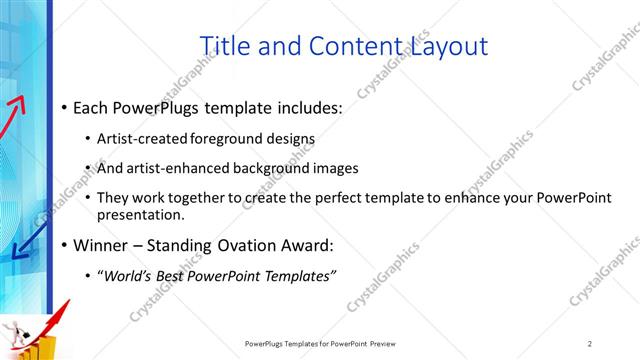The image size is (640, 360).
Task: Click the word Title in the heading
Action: click(x=224, y=46)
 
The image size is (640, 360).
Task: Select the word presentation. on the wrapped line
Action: click(x=141, y=214)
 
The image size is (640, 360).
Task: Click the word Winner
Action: click(x=99, y=245)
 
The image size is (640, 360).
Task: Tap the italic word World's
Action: click(x=125, y=276)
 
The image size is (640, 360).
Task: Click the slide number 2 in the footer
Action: click(x=590, y=343)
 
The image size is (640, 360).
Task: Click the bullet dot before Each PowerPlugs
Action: click(x=65, y=107)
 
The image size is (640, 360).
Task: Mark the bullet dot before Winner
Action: click(x=65, y=246)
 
